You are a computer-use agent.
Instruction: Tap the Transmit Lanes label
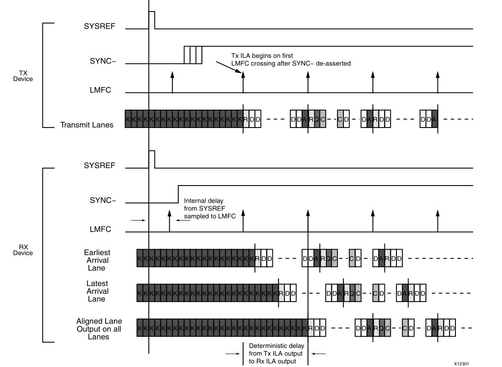click(87, 125)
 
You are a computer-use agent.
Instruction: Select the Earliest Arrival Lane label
click(97, 260)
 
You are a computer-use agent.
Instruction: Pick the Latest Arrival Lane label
click(97, 291)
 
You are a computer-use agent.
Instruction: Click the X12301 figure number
click(462, 363)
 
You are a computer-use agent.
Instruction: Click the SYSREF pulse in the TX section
click(152, 20)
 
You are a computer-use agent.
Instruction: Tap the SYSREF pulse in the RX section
click(152, 159)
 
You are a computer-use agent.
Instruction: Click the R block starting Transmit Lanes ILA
click(246, 119)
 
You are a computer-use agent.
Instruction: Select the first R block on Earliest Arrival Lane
click(257, 259)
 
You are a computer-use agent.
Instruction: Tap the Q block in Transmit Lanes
click(317, 119)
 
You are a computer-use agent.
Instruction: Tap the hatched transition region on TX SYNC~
click(193, 55)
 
